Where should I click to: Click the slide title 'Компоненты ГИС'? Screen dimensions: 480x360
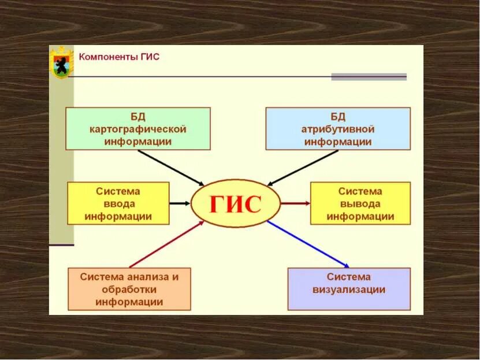119,57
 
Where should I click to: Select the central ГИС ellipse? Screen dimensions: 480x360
235,203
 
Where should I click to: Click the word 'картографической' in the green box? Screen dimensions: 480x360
137,128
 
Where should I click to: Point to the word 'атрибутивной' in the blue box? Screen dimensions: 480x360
338,128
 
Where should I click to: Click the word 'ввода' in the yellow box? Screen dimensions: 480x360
118,203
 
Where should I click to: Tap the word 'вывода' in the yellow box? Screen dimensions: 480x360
360,203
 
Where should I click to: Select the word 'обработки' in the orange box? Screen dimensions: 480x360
129,289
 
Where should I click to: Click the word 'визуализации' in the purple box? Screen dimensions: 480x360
349,290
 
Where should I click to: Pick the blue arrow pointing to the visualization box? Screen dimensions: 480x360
309,243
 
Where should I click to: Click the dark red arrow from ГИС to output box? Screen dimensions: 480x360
295,203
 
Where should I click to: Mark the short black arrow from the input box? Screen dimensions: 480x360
180,203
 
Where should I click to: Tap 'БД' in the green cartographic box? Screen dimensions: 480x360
137,116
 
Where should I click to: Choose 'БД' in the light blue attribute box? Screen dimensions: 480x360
338,116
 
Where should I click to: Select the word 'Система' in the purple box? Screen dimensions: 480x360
349,277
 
